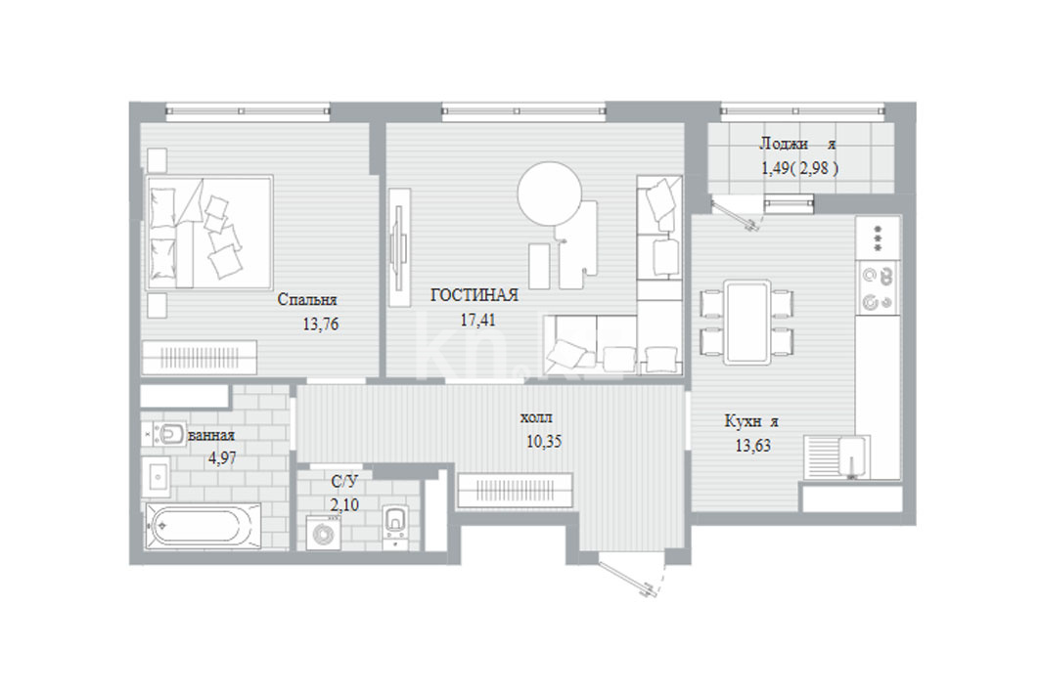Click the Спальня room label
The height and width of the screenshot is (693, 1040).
[306, 299]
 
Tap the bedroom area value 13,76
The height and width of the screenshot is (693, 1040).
[320, 324]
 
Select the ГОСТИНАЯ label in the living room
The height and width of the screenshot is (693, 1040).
[475, 295]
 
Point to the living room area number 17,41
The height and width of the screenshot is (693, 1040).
[477, 320]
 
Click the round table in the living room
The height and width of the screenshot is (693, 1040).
[549, 194]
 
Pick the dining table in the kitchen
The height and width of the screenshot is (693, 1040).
[747, 322]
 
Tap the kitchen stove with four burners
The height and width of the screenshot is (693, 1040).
[877, 286]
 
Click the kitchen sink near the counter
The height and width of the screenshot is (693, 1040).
[837, 456]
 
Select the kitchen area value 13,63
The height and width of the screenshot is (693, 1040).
[752, 445]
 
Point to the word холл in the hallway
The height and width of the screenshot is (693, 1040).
[536, 418]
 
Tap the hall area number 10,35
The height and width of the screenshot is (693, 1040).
[544, 441]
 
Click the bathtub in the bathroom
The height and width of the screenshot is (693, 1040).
[203, 526]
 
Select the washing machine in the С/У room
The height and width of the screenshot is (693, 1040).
[324, 534]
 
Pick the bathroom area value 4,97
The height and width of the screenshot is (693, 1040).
[222, 457]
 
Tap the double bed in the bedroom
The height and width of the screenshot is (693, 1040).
[209, 233]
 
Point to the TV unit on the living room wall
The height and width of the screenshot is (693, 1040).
[398, 247]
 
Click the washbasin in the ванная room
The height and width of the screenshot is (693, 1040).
[158, 476]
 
